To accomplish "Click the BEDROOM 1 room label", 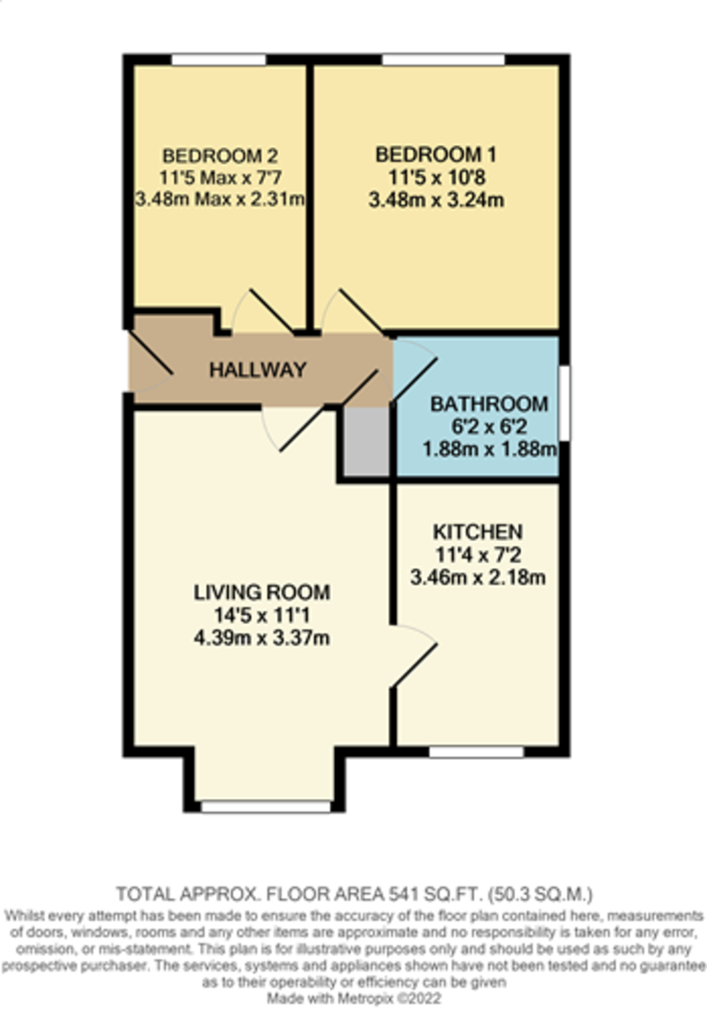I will tap(436, 154).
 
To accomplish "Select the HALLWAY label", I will tap(257, 369).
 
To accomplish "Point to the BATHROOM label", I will tap(488, 404).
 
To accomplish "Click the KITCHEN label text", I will tap(478, 532).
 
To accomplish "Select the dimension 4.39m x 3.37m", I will tap(261, 638).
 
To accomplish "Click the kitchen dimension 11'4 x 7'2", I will tap(478, 555).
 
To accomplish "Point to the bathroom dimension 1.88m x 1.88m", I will tap(489, 449).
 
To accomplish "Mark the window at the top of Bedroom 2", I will tap(219, 60).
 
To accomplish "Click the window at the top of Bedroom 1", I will tap(443, 60).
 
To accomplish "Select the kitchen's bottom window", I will tap(476, 751).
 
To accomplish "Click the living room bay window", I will tap(266, 807).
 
